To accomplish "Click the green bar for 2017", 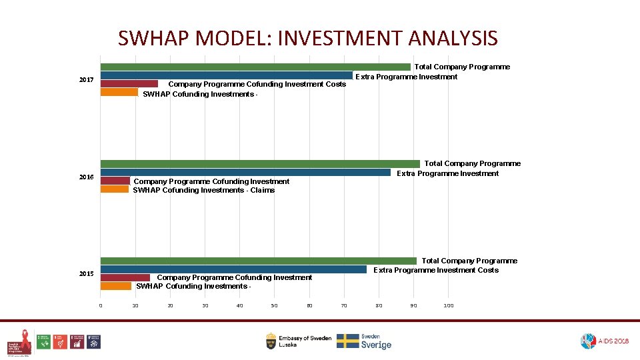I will pyautogui.click(x=255, y=67).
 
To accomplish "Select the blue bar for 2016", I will pyautogui.click(x=245, y=173).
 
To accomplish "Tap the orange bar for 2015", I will pyautogui.click(x=116, y=286).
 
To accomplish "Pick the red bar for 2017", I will pyautogui.click(x=129, y=84).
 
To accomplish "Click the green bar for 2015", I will pyautogui.click(x=259, y=261).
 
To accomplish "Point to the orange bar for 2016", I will pyautogui.click(x=115, y=189).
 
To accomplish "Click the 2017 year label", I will pyautogui.click(x=86, y=80).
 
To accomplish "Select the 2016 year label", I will pyautogui.click(x=86, y=177).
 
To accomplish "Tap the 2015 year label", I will pyautogui.click(x=86, y=274).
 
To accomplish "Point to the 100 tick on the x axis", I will pyautogui.click(x=448, y=305).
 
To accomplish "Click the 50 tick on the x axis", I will pyautogui.click(x=274, y=305).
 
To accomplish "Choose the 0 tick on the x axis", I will pyautogui.click(x=101, y=305).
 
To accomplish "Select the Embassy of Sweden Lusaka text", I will pyautogui.click(x=305, y=341).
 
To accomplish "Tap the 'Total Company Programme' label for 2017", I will pyautogui.click(x=462, y=67).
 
